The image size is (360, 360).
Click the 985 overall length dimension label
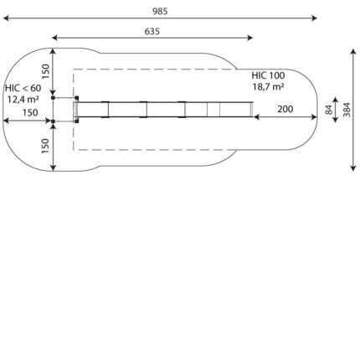[160, 11]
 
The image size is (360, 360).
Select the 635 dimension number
[152, 32]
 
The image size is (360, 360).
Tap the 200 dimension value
[285, 109]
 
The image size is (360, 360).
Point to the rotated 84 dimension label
[330, 110]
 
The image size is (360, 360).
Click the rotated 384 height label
[347, 110]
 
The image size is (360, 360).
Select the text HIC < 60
[23, 88]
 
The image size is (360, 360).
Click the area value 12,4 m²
[23, 99]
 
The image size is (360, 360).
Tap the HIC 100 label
[268, 75]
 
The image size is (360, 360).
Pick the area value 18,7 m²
[268, 86]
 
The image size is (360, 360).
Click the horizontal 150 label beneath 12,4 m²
[30, 113]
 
